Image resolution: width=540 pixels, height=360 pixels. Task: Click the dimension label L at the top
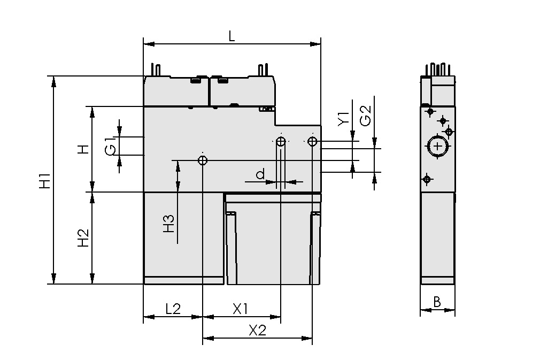coord(231,36)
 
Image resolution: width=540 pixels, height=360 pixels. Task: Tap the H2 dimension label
coord(83,238)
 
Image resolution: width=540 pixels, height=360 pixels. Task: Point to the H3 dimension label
coord(168,223)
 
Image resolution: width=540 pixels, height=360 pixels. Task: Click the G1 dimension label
coord(110,146)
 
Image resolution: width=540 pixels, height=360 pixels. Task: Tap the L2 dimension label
coord(173,309)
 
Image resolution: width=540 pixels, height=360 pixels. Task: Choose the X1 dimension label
coord(241,309)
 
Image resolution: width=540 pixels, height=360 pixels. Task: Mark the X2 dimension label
coord(257,330)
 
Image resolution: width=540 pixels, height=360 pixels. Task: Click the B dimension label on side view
coord(436,302)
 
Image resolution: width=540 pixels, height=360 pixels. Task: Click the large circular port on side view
coord(437,147)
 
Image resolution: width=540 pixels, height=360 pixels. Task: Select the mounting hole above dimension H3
coord(203,160)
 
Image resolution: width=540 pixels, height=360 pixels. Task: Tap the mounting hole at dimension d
coord(281,141)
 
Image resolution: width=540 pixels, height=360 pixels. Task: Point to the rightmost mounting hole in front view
coord(313,141)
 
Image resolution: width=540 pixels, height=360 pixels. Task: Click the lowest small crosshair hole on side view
coord(427,179)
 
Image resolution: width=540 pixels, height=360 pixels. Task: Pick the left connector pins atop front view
coord(156,70)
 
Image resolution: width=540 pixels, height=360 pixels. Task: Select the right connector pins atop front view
coord(262,70)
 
